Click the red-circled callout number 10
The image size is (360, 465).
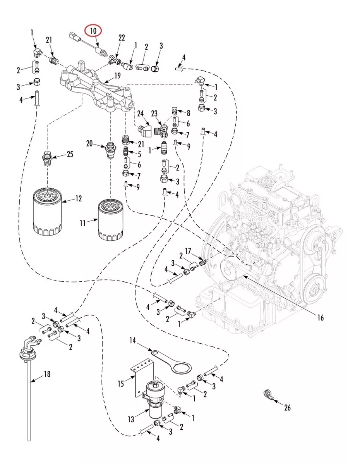click(93, 30)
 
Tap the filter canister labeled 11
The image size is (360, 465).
click(111, 219)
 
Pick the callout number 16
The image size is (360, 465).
click(320, 318)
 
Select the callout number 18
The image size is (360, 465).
click(47, 374)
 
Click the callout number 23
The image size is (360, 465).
click(154, 114)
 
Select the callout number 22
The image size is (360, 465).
click(122, 38)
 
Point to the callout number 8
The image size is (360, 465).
click(189, 114)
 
